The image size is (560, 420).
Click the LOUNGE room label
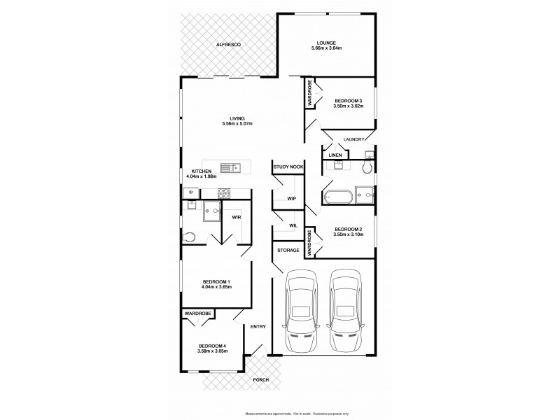pos(325,42)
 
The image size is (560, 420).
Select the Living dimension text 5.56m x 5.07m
pos(237,124)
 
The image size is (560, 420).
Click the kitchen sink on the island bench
pos(230,167)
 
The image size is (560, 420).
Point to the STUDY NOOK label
pos(288,167)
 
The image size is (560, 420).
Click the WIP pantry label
pos(291,199)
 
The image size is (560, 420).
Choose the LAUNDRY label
pos(354,139)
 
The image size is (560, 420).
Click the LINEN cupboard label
pos(335,155)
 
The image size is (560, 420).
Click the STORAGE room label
pos(288,250)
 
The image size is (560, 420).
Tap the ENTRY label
pos(258,326)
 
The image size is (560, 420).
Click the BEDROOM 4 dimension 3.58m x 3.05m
pos(211,351)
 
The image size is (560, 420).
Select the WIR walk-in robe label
pos(237,217)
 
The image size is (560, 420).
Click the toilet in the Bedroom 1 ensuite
pos(187,238)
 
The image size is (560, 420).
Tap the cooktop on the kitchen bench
pos(225,193)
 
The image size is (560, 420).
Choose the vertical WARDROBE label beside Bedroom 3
pos(309,94)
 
